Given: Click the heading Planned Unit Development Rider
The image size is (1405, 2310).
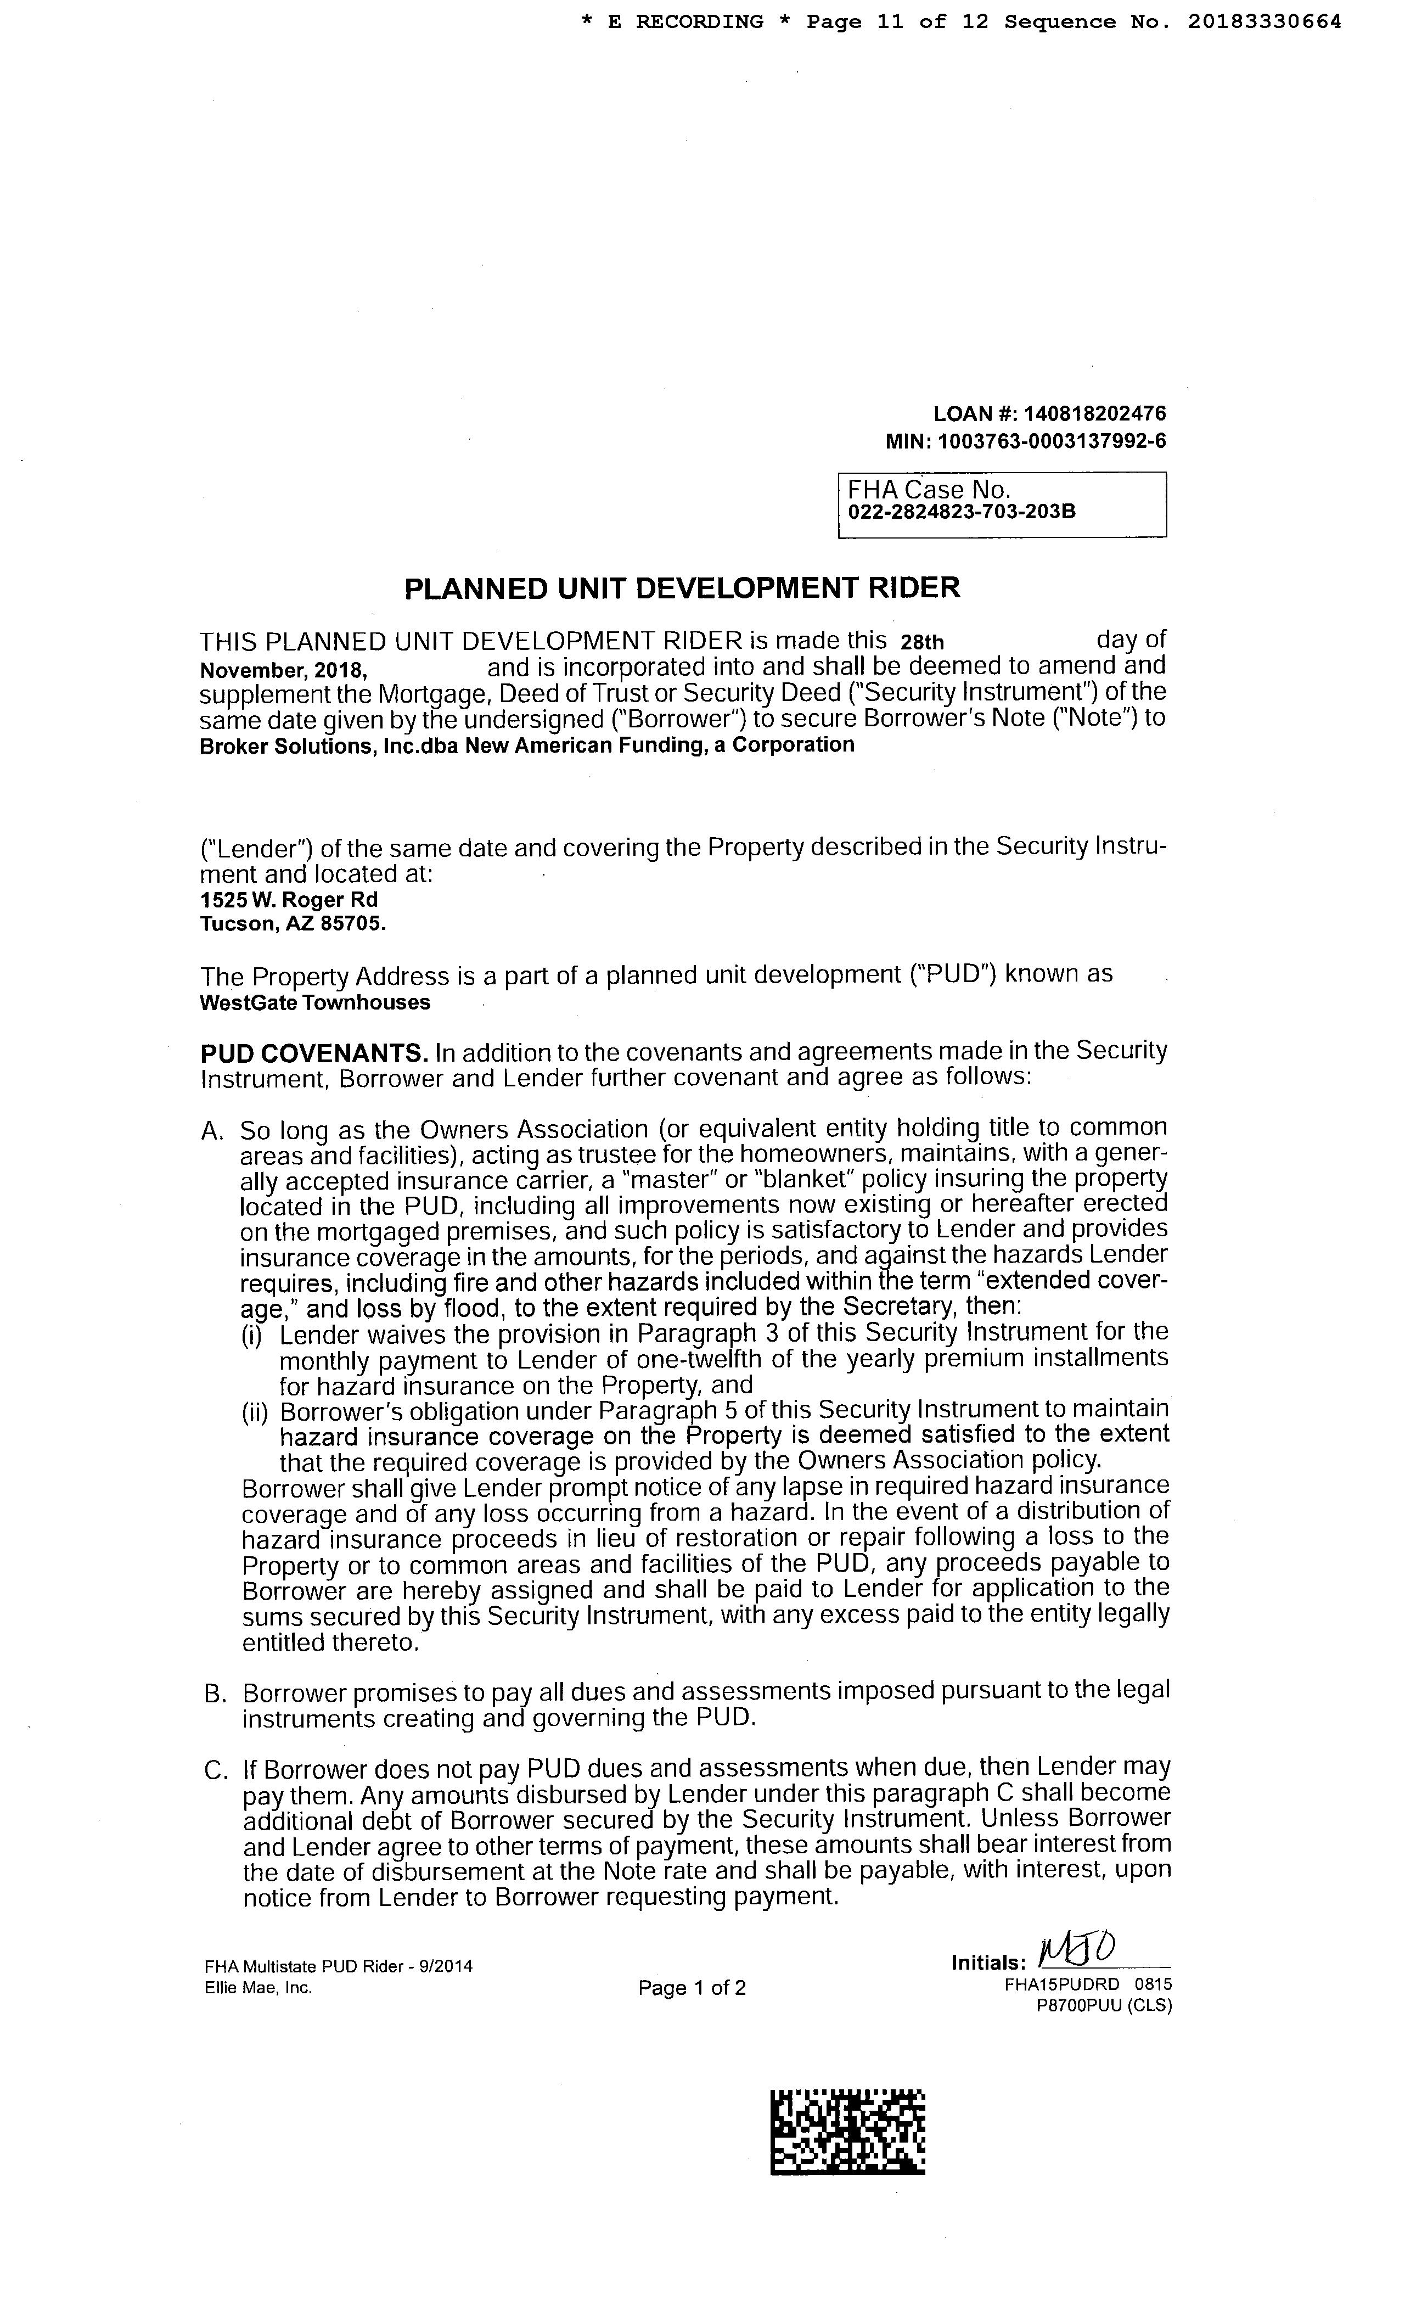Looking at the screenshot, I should [682, 588].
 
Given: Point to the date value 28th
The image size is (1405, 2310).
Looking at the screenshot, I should [921, 642].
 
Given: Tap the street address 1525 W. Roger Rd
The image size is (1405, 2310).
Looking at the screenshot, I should [289, 899].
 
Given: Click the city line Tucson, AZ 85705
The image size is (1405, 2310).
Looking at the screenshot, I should [293, 923].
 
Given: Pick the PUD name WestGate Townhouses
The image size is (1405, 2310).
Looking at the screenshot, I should [315, 1002].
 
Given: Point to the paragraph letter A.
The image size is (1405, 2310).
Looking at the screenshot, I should [212, 1131].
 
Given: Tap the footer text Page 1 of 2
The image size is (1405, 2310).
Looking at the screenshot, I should [692, 1988].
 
